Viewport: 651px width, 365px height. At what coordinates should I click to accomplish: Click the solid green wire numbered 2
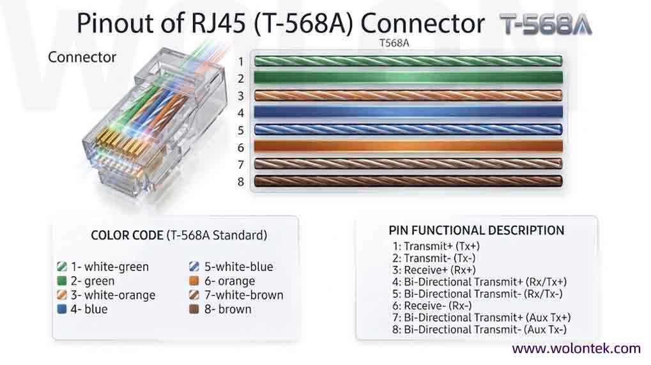pos(408,77)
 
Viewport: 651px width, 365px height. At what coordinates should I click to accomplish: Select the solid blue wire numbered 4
pos(408,112)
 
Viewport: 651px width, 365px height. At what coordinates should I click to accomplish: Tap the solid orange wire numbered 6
pos(408,146)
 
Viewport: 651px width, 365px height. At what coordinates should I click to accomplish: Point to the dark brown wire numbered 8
pos(408,181)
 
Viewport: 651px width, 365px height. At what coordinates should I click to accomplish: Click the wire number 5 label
pos(241,130)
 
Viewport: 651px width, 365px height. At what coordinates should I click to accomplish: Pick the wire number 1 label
pos(241,61)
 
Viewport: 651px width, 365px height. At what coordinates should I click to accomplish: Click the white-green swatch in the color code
pos(62,267)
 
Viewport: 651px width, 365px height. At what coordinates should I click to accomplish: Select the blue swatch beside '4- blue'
pos(62,309)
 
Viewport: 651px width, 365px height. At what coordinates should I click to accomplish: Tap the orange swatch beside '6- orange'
pos(194,281)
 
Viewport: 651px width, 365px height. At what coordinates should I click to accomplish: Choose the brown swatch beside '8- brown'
pos(194,309)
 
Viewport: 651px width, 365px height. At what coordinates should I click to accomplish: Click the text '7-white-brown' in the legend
pos(243,295)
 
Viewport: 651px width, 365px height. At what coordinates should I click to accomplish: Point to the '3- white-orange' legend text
pos(113,295)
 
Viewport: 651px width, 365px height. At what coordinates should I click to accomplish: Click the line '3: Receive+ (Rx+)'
pos(434,270)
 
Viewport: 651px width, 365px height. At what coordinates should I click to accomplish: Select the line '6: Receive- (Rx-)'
pos(432,306)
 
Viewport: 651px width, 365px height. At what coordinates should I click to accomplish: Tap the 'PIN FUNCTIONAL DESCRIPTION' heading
pos(476,231)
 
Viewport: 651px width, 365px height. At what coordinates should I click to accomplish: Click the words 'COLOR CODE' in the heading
pos(126,235)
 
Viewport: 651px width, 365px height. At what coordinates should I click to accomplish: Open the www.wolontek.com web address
pos(576,348)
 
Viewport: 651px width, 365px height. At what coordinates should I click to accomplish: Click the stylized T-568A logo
pos(546,24)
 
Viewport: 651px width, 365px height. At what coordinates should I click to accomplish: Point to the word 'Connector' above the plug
pos(82,57)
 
